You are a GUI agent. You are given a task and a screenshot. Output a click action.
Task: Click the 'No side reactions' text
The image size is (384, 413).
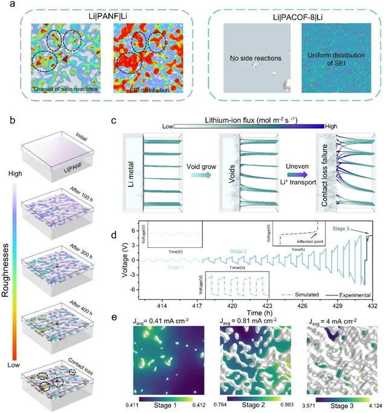tap(253, 59)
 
